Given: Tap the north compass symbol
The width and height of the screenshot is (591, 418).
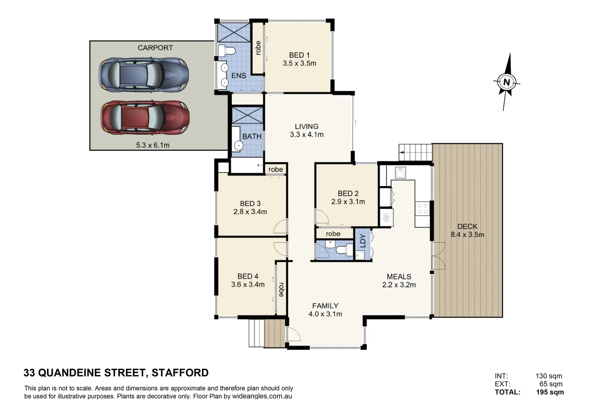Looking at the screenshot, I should (506, 82).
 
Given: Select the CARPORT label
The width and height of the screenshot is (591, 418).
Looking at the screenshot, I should (155, 48).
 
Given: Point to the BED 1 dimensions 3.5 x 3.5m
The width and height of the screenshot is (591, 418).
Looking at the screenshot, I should (299, 63).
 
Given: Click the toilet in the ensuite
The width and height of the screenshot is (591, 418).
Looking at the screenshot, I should (227, 51).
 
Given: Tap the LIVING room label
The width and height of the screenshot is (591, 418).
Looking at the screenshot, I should (306, 126).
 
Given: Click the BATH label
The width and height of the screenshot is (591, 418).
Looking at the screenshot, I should (252, 137).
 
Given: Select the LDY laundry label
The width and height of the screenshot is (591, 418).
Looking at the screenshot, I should (363, 241).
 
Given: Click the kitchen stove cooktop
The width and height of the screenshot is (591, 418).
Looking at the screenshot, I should (422, 209).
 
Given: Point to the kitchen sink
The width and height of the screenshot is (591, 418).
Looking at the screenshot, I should (400, 173).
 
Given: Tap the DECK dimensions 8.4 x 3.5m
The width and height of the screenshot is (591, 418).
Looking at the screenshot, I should (467, 235).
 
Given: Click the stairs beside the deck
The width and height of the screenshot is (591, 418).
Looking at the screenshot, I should (415, 152).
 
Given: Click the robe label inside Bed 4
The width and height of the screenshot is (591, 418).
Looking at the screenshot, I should (281, 288).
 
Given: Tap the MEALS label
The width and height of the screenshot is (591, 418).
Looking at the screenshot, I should (399, 277).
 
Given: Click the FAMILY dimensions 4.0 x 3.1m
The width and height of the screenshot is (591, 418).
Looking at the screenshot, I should (325, 314).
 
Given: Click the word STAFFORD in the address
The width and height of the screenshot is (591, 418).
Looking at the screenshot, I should (180, 373).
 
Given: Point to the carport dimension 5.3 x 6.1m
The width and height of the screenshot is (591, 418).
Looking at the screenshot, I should (152, 145).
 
